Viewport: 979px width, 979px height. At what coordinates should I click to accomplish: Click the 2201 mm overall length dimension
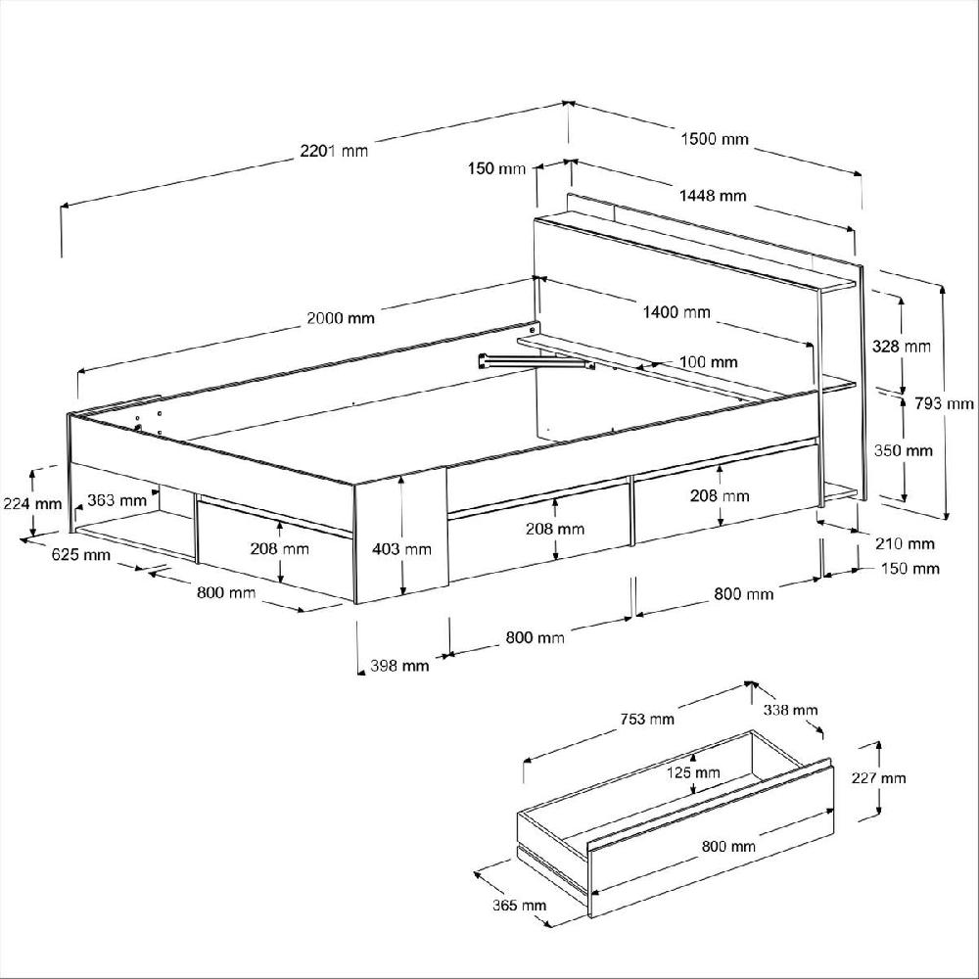pos(334,151)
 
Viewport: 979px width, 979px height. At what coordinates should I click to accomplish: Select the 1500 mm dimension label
pos(714,139)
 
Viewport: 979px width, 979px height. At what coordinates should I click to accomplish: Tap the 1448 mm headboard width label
pos(713,196)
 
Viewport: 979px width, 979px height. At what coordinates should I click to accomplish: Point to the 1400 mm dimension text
pos(676,312)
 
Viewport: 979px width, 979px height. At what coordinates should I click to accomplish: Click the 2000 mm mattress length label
pos(341,317)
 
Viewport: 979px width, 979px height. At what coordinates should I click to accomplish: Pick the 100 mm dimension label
pos(708,362)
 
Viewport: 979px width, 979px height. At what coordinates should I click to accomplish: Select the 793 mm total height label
pos(949,403)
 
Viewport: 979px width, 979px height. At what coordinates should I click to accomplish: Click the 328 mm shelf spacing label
pos(901,347)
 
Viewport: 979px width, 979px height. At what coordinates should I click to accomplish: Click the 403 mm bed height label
pos(402,549)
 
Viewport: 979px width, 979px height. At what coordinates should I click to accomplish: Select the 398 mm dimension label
pos(399,666)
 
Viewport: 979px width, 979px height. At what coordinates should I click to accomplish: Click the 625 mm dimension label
pos(81,556)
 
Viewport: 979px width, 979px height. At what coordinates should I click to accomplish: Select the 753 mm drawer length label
pos(647,720)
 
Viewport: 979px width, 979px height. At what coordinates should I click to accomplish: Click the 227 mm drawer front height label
pos(878,778)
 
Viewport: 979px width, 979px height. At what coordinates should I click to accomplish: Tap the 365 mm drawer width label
pos(519,905)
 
